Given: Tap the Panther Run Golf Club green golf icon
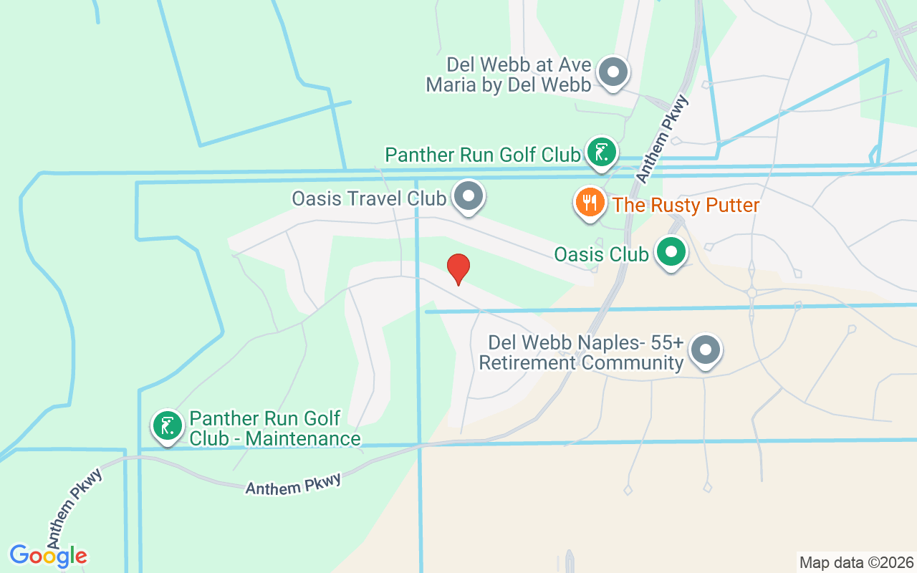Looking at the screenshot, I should (602, 151).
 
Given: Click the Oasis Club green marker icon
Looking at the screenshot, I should (671, 252).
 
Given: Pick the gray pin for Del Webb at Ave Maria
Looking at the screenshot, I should (613, 72).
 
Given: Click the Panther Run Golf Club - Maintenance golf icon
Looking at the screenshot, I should (168, 425).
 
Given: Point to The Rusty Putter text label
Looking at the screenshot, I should (686, 206).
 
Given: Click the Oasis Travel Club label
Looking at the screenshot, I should (368, 198).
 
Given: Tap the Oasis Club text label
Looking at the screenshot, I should (601, 254).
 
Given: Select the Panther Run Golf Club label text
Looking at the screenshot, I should (482, 155).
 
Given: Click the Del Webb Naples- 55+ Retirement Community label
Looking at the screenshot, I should (581, 353).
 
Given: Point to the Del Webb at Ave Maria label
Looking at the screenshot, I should (509, 75).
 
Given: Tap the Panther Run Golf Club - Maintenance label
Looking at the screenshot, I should (274, 428).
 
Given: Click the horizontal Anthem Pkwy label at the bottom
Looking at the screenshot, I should (293, 484).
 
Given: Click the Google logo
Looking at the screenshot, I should (48, 556).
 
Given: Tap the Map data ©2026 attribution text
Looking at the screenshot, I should (856, 562).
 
